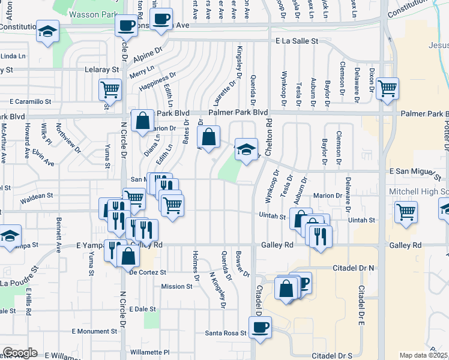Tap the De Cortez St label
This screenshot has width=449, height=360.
147,272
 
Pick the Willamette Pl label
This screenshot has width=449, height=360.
150,352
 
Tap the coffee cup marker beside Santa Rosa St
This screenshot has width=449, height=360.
260,327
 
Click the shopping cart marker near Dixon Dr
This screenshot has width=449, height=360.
388,88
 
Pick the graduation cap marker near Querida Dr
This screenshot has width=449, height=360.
246,149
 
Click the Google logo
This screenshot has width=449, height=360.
20,353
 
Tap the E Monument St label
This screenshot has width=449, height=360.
94,331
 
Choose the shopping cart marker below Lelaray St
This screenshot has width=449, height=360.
110,89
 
